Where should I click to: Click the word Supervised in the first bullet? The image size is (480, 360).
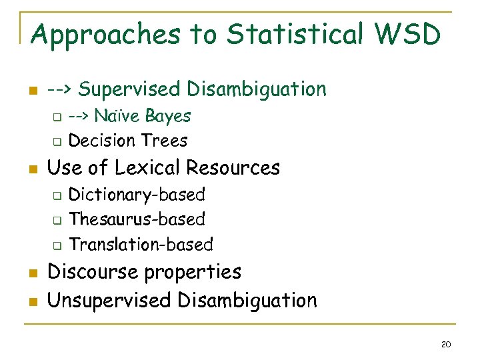coord(136,89)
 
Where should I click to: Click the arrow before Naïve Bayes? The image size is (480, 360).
coord(79,116)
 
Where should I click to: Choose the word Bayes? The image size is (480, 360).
coord(169,116)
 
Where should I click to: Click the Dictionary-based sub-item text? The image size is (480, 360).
coord(137,195)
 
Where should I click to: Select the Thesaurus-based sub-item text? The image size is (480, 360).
coord(137,219)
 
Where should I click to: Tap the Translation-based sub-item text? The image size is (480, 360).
coord(141,245)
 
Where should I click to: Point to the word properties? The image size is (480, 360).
coord(198,273)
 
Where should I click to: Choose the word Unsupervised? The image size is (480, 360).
coord(109,301)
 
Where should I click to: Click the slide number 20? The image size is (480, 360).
coord(446,344)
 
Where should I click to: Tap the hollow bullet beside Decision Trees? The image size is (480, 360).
coord(57,141)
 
